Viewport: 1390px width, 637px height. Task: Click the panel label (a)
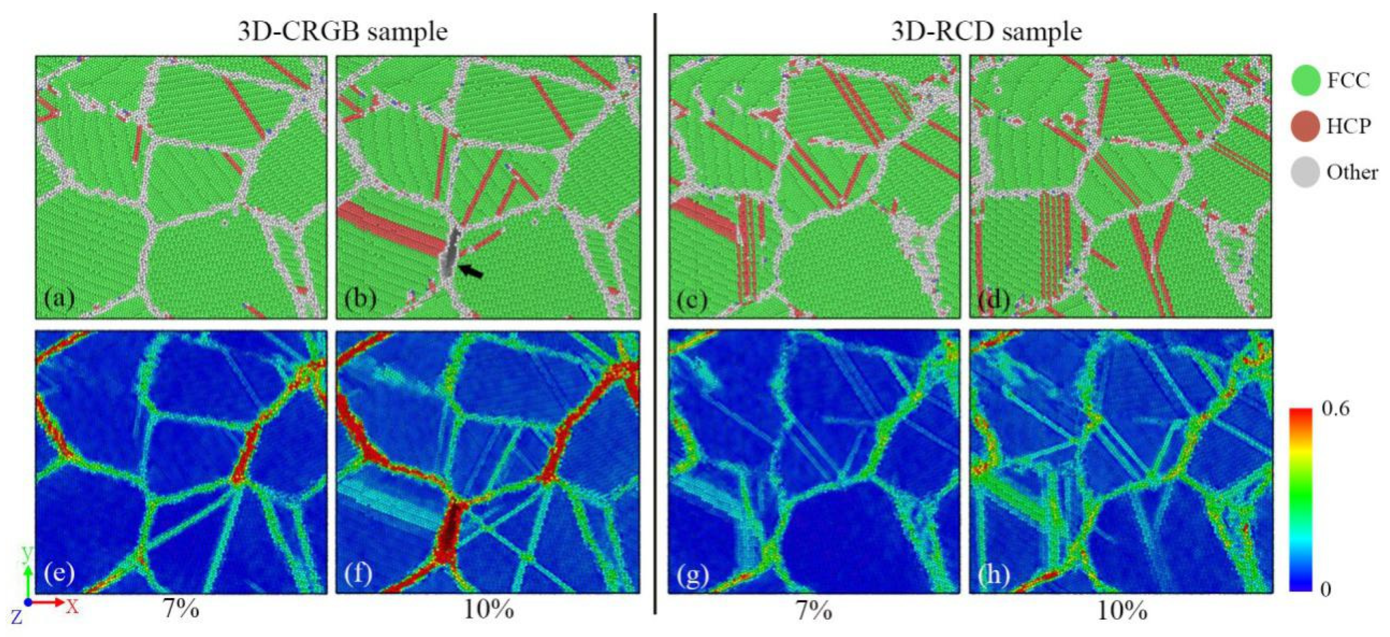coord(60,298)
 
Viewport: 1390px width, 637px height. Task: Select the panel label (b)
coord(360,298)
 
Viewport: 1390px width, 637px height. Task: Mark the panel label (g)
coord(693,575)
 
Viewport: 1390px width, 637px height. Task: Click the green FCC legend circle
coord(1306,81)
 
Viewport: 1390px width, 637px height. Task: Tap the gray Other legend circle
coord(1306,173)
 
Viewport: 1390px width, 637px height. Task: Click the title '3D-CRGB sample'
coord(343,32)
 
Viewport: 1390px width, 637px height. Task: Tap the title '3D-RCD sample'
coord(986,32)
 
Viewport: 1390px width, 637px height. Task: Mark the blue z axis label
coord(17,616)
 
